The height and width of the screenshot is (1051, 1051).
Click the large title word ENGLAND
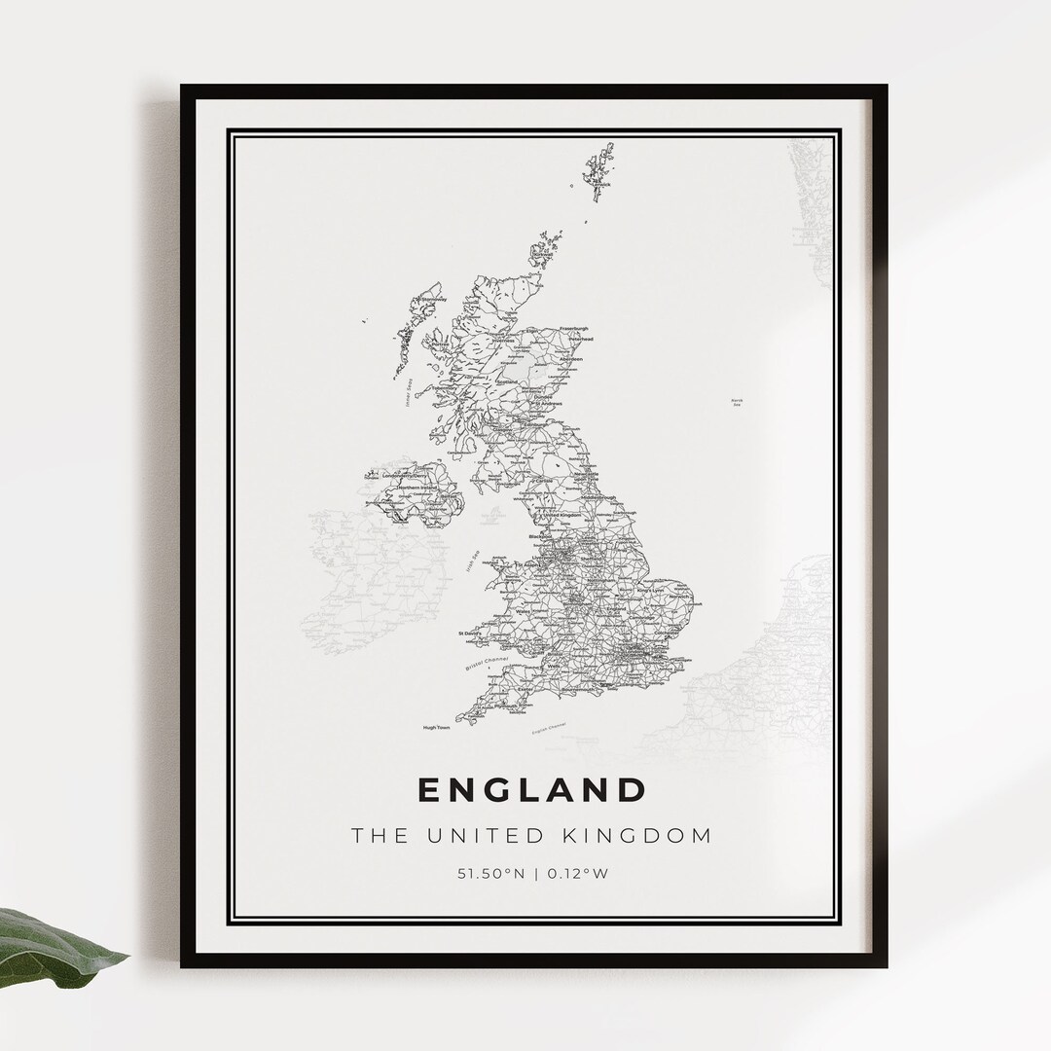(531, 789)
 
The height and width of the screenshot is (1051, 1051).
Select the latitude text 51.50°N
(490, 873)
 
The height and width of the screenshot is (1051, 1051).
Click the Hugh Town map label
(436, 727)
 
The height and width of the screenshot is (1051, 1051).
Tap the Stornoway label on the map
(433, 300)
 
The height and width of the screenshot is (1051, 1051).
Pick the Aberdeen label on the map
(569, 359)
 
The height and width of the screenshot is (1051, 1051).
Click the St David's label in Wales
(470, 634)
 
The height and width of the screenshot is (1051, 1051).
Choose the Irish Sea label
(472, 562)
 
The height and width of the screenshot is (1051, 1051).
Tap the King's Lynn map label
(651, 591)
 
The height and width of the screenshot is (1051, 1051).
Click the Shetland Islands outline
(598, 176)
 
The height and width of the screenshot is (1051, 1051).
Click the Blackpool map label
(539, 536)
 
